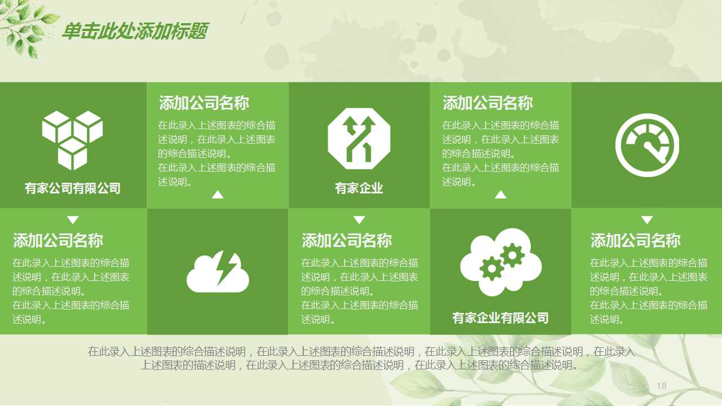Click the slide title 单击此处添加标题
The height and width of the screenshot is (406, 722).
[x=134, y=32]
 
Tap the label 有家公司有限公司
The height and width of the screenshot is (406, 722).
[x=73, y=188]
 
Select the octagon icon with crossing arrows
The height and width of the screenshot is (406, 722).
[x=359, y=139]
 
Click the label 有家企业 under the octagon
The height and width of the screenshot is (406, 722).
[x=359, y=188]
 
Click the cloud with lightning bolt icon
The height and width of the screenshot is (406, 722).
[x=218, y=272]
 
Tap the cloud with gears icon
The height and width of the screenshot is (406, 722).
[x=501, y=262]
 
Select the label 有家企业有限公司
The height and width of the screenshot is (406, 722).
[x=500, y=318]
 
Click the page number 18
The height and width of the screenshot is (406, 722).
[x=662, y=386]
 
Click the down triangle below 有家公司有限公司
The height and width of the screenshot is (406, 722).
[x=73, y=220]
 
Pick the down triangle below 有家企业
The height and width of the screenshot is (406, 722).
[x=359, y=220]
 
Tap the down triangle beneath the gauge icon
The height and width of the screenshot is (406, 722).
[x=647, y=220]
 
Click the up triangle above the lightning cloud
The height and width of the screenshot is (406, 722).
[x=218, y=195]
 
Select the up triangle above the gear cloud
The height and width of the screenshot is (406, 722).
[x=500, y=195]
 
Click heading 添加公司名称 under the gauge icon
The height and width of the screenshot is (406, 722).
[x=636, y=241]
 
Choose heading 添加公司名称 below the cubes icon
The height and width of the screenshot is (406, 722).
[x=58, y=241]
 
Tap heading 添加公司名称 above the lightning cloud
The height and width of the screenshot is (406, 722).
[x=204, y=103]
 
